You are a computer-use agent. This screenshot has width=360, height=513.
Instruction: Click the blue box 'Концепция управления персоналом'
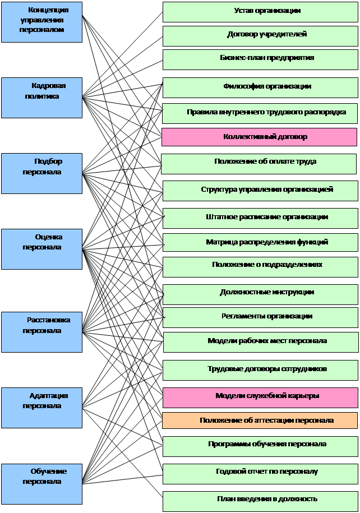(41, 22)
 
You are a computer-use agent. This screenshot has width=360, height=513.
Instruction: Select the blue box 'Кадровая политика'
(41, 98)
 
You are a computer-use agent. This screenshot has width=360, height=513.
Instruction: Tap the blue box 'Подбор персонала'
(41, 173)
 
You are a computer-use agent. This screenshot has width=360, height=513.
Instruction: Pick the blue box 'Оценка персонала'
(41, 249)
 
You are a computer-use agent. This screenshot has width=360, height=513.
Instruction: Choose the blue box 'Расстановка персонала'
(41, 332)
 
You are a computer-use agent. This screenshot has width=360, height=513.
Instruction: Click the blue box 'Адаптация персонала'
(41, 408)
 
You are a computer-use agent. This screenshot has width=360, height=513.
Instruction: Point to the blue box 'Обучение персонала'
(41, 483)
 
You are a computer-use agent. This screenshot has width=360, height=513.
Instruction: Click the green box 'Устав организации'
(260, 12)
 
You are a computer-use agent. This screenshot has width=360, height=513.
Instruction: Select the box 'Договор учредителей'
(260, 35)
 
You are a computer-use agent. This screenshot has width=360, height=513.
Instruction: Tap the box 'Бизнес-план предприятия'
(260, 59)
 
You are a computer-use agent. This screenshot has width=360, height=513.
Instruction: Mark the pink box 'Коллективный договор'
(259, 137)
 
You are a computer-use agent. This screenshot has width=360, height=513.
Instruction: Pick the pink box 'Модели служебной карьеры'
(260, 397)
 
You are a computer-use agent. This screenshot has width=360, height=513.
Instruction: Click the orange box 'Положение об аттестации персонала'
(260, 420)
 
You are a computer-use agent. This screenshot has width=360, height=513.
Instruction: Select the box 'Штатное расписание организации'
(260, 218)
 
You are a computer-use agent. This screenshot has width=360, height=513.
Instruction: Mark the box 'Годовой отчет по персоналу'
(260, 473)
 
